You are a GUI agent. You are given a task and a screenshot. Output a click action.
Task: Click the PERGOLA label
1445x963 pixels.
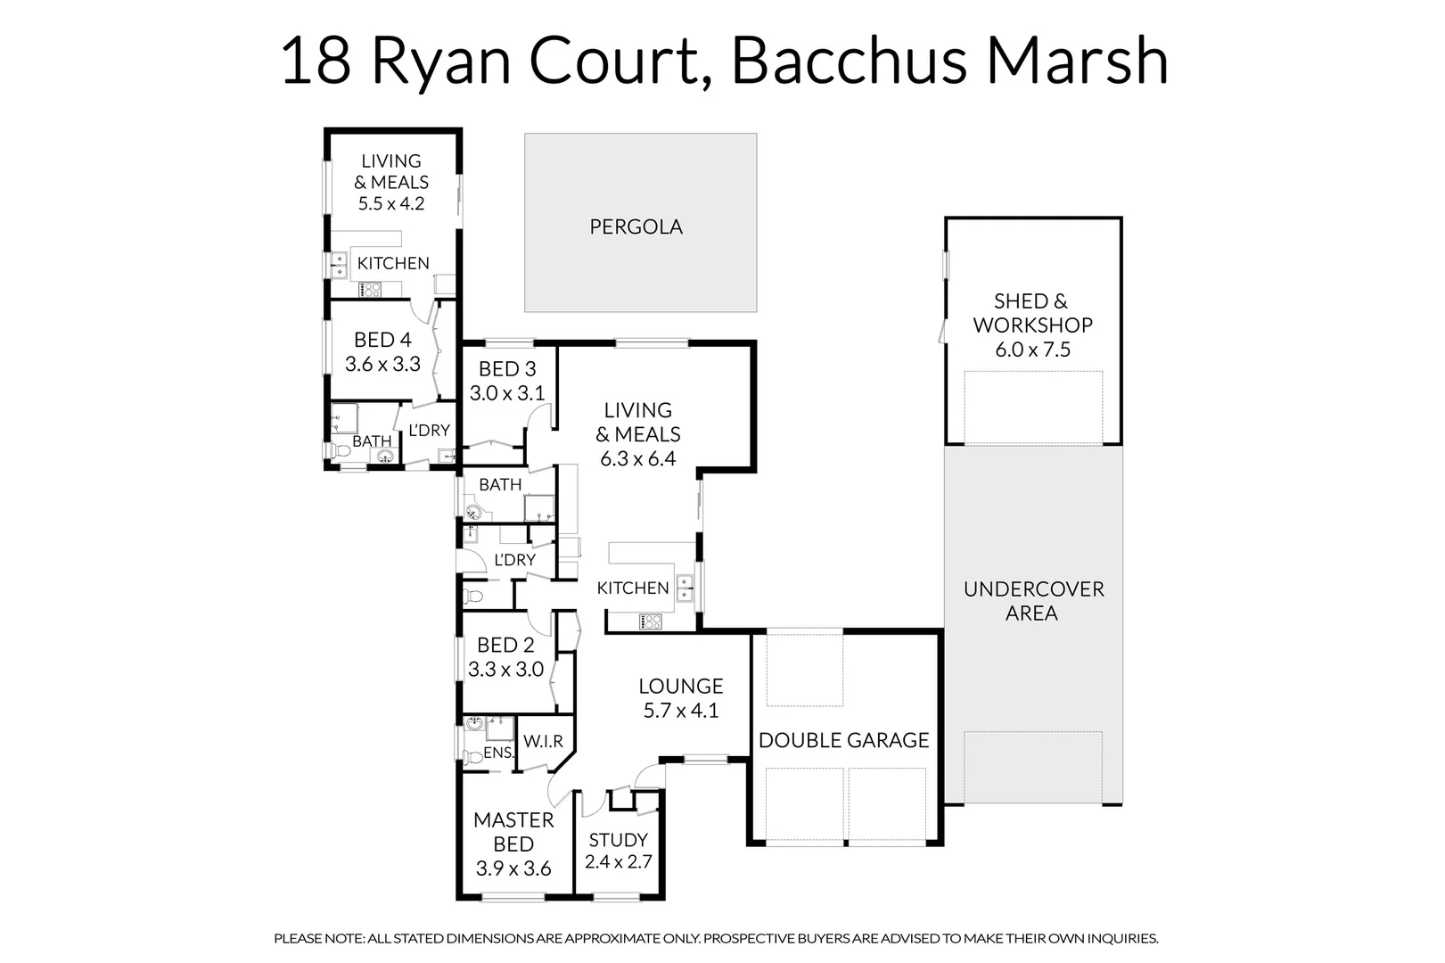coord(636,226)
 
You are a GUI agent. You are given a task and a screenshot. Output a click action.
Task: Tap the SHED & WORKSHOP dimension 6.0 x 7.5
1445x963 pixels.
coord(1032,350)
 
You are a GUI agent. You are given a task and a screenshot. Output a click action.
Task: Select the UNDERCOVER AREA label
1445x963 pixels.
coord(1033,601)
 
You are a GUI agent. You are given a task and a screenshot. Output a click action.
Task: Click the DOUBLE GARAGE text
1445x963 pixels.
coord(843,740)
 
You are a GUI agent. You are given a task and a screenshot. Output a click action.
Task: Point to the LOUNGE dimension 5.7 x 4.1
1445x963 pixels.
coord(681,711)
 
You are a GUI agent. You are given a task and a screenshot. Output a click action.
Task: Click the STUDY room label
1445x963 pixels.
coord(618,840)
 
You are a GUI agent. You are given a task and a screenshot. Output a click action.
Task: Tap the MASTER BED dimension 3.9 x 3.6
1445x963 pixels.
coord(513,868)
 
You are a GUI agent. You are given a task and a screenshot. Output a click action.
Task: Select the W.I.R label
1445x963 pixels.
coord(543,742)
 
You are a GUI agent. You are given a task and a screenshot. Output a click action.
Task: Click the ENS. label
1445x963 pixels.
coord(498,753)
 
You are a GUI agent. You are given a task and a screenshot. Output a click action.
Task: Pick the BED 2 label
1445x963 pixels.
coord(505,645)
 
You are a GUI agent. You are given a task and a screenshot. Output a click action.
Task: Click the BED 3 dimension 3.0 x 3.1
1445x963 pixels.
coord(507,393)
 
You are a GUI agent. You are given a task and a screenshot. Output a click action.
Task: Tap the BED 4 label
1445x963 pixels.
coord(382,340)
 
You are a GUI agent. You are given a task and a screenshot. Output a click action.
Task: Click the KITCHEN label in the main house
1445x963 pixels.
coord(633,588)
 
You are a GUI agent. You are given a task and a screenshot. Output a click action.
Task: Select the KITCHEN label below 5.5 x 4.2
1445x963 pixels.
coord(393,263)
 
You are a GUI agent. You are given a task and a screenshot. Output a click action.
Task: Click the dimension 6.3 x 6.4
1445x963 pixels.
coord(637,459)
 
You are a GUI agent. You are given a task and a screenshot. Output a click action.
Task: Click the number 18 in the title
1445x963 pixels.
coord(316,61)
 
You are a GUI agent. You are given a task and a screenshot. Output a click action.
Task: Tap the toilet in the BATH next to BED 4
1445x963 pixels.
coord(339,452)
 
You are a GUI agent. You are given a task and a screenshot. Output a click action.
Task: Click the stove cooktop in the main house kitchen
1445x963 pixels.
coord(650,621)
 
